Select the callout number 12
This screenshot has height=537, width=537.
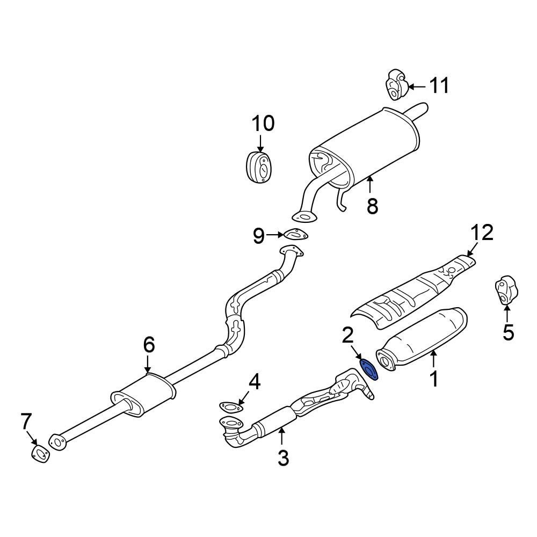[x=482, y=233]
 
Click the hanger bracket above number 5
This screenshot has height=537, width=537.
[x=504, y=291]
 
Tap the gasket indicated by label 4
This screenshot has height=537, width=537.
[x=229, y=407]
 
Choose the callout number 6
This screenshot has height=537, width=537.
[x=148, y=344]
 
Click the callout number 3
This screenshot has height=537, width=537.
[x=283, y=458]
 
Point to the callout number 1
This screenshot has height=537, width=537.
[x=434, y=379]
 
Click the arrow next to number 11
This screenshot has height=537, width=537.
[x=417, y=86]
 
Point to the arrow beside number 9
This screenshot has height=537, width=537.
[x=275, y=235]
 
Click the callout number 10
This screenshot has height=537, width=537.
[x=263, y=124]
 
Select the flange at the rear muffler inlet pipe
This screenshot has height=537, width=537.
[x=304, y=217]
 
